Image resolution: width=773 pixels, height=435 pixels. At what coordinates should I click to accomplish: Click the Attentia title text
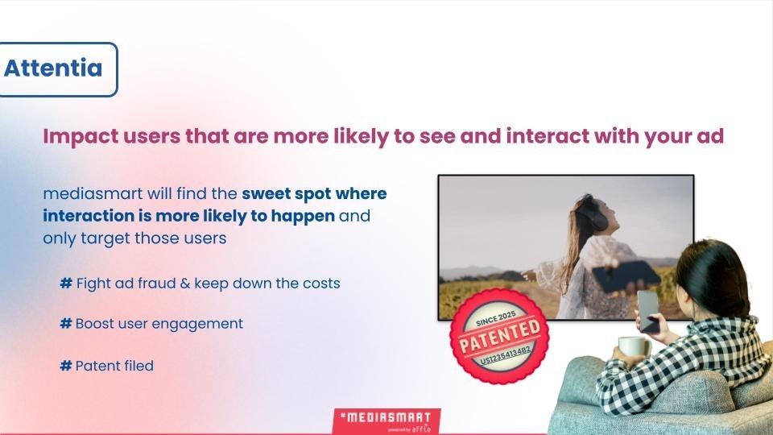tap(53, 68)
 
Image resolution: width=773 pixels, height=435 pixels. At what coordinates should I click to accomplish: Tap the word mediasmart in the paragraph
tap(93, 193)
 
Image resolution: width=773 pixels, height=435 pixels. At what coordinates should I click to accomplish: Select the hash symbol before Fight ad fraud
tap(66, 283)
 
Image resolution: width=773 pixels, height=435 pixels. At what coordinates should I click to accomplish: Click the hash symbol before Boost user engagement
tap(66, 324)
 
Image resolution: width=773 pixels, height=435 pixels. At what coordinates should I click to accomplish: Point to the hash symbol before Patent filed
tap(66, 366)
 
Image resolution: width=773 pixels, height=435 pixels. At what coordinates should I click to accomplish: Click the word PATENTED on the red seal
tap(499, 337)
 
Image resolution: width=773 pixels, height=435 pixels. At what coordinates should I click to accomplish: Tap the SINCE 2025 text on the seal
tap(496, 319)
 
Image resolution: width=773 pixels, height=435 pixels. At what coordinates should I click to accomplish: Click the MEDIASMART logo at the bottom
tap(386, 421)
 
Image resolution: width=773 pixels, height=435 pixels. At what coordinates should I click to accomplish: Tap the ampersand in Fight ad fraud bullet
tap(185, 284)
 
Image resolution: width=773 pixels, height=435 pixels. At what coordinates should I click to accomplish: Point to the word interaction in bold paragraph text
tap(89, 216)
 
